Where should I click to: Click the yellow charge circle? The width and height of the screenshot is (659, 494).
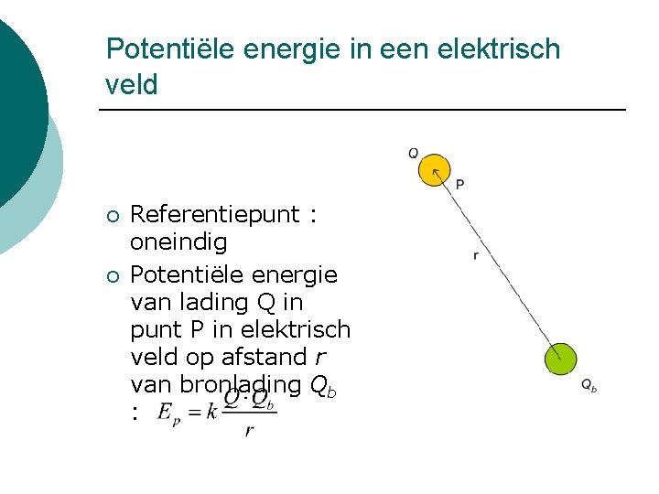click(x=434, y=169)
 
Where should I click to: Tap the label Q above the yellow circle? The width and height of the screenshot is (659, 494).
click(x=414, y=153)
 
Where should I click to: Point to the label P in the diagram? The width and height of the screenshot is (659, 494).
click(x=459, y=184)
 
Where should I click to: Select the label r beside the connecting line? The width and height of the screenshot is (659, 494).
click(x=475, y=256)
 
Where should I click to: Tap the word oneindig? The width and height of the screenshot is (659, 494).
click(x=178, y=244)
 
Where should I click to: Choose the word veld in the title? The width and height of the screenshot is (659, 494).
click(x=132, y=85)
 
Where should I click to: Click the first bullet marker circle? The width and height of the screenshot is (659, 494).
click(x=111, y=217)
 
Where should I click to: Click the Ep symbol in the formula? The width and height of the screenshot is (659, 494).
click(x=168, y=413)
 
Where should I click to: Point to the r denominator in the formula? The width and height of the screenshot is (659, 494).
click(x=249, y=431)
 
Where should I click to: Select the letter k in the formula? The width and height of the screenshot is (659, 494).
click(x=211, y=411)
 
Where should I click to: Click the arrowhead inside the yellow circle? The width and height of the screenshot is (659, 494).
click(x=437, y=166)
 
